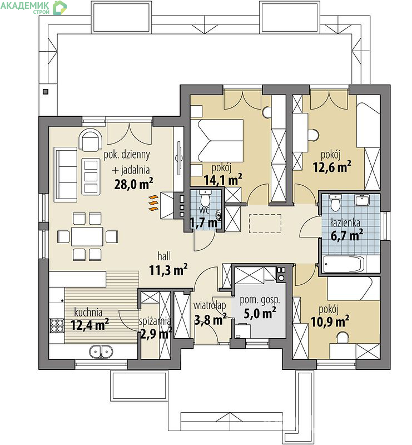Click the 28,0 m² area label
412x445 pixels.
(133, 184)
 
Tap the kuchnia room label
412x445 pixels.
(88, 312)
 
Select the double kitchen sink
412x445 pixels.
(101, 352)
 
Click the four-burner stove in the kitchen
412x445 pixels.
(57, 325)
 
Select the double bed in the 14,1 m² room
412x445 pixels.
(217, 141)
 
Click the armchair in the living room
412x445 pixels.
(91, 140)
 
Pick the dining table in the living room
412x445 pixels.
(87, 236)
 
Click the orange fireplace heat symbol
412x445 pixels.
(153, 203)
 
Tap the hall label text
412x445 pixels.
(164, 256)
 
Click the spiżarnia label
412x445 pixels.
(155, 322)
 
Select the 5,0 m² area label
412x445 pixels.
(260, 313)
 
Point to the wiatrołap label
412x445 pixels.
(210, 305)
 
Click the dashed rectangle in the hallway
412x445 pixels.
(265, 224)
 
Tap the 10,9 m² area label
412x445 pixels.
(330, 322)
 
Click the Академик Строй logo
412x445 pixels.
(33, 7)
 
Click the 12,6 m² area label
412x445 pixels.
(332, 167)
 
